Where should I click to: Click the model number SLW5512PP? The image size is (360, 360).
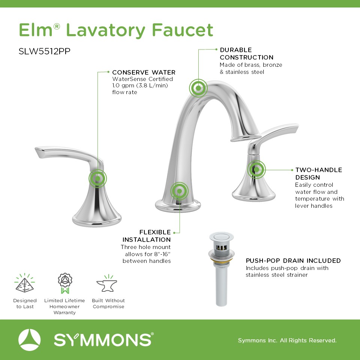(x=44, y=51)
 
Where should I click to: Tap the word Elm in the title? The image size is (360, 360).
(x=36, y=30)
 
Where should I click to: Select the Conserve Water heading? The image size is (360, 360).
(x=144, y=72)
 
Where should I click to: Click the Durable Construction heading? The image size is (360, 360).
(x=247, y=54)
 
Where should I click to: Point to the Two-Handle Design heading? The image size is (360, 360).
(x=319, y=174)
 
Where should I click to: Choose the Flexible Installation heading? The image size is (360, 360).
(x=147, y=236)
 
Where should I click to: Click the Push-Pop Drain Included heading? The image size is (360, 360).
(x=293, y=261)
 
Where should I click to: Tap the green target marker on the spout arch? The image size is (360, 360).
(x=198, y=88)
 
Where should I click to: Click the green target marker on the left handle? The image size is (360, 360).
(x=97, y=178)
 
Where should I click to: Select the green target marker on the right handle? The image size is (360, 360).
(x=256, y=169)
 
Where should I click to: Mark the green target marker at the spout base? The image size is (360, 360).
(x=179, y=191)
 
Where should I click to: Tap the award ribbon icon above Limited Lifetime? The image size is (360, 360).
(x=65, y=283)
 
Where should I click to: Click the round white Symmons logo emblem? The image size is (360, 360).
(x=29, y=340)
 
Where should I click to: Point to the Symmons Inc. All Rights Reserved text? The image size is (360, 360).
(x=287, y=340)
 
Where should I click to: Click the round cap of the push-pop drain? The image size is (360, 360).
(x=221, y=236)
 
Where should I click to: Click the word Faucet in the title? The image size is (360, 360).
(x=183, y=30)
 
